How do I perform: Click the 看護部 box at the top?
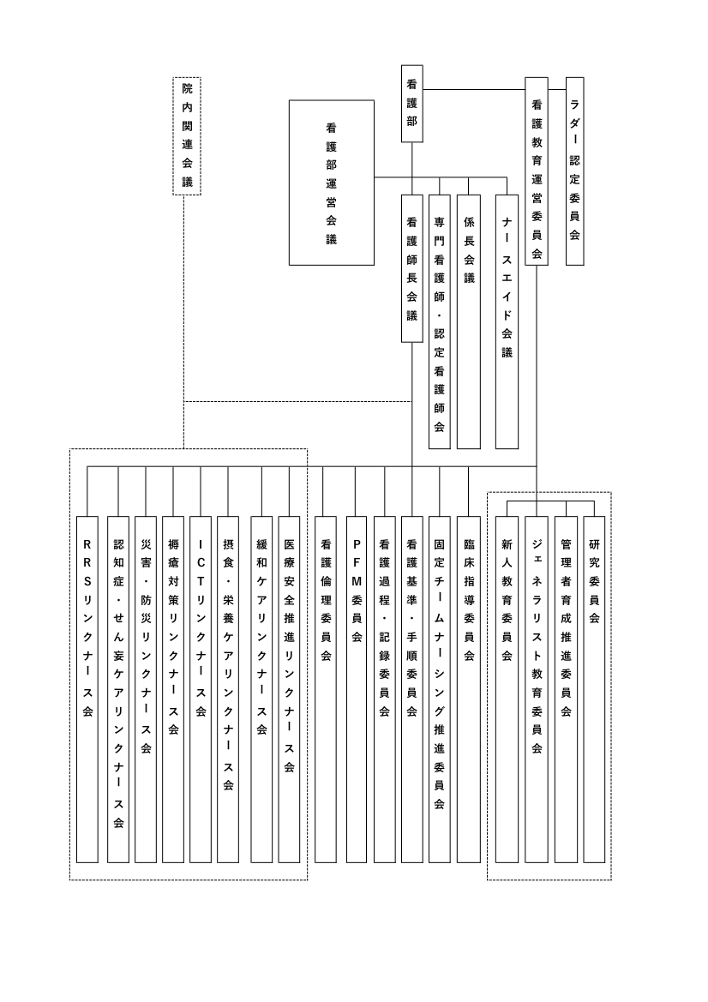(412, 104)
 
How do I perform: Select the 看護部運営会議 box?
(332, 183)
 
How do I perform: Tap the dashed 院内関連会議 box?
(187, 135)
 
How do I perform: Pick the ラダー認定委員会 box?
(575, 171)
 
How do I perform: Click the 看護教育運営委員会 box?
(537, 171)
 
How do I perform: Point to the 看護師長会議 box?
(412, 268)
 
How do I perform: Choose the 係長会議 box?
(469, 321)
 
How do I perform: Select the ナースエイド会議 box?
(507, 321)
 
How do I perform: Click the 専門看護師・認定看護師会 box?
(440, 321)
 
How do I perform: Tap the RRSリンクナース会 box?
(87, 689)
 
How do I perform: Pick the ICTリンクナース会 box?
(201, 689)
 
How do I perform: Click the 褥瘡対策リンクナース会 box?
(173, 689)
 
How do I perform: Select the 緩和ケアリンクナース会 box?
(262, 689)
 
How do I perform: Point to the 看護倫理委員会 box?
(326, 689)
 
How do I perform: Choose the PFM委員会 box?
(357, 689)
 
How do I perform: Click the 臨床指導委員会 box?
(469, 689)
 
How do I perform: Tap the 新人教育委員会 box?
(507, 689)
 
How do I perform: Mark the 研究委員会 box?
(594, 689)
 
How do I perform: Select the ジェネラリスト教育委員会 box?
(537, 689)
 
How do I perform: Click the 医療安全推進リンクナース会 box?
(290, 689)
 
